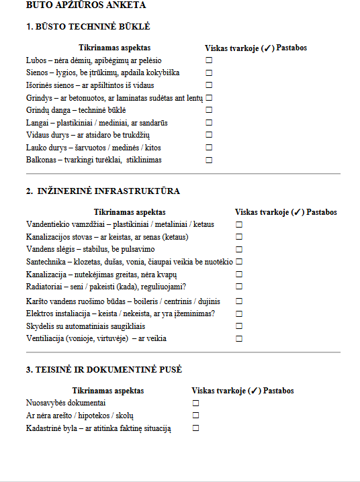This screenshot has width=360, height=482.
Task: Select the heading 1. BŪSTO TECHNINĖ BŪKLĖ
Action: pos(88,27)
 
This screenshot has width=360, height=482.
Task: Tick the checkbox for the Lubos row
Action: pos(209,60)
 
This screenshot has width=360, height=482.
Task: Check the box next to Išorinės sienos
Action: pos(209,85)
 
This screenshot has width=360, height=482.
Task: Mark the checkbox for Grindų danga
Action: pos(209,110)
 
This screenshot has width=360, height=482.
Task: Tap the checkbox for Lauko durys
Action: pos(209,148)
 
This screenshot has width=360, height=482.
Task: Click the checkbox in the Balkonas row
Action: pos(209,160)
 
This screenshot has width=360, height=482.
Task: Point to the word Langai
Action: pos(37,122)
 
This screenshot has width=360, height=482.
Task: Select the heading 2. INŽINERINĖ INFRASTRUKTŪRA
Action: pos(103,191)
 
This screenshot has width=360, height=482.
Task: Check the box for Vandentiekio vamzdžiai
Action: pos(239,224)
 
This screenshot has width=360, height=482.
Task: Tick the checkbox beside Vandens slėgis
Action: pos(239,249)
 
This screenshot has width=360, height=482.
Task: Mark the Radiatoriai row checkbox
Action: pos(239,287)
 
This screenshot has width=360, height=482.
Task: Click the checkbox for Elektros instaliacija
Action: pos(239,314)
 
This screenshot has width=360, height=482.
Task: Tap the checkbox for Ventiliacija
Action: pos(239,339)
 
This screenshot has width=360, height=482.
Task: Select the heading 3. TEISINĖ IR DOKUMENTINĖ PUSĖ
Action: pos(104,370)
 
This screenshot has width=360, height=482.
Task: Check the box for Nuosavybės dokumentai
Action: pos(196,403)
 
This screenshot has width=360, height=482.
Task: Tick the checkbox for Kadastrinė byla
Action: pos(196,428)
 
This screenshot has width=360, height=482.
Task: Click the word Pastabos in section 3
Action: pos(279,391)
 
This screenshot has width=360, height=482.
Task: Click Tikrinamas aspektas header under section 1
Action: pos(114,48)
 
